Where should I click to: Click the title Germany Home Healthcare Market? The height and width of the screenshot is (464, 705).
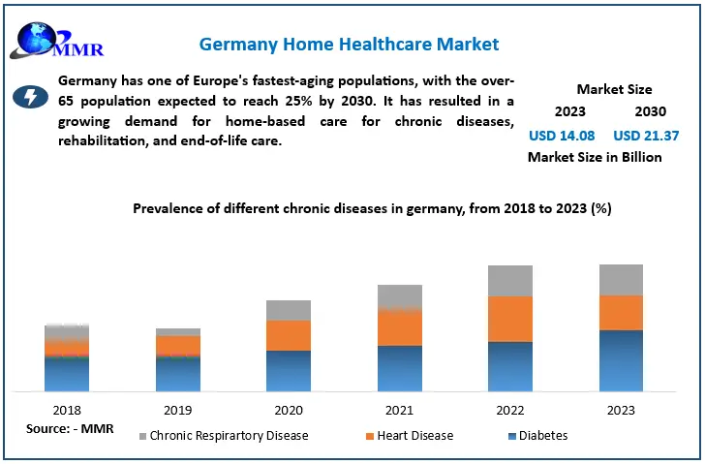click(349, 45)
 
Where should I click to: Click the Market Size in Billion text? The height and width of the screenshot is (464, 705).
click(595, 157)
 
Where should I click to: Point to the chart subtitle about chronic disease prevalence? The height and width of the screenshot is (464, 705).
click(371, 208)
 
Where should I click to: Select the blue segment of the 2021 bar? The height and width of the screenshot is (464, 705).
click(399, 368)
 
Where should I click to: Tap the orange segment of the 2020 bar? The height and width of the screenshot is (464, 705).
click(289, 335)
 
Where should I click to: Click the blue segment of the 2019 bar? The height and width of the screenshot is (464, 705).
click(178, 373)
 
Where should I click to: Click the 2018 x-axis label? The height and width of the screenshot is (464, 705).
click(67, 410)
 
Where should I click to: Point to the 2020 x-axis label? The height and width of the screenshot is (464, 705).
click(289, 410)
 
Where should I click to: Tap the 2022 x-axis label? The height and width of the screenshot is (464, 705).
click(509, 410)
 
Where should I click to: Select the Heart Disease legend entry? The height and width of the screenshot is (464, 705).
click(411, 436)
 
